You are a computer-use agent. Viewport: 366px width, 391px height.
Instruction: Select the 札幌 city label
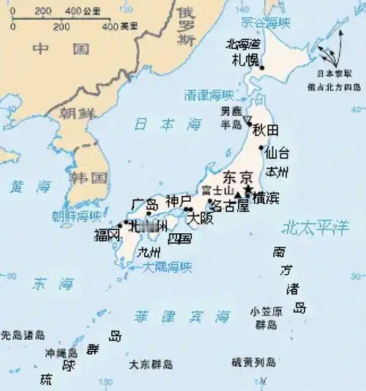coord(244,60)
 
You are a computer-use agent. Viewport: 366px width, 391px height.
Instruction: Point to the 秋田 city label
coord(266,130)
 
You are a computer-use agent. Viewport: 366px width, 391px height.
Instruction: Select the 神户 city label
coord(178,200)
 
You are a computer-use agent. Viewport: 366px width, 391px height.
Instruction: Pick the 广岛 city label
coord(143,203)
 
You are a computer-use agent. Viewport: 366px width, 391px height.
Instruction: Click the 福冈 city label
coord(107,235)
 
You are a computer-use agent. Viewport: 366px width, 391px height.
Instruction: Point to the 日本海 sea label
coord(167,124)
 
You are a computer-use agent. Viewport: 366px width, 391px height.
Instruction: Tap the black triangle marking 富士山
coord(237,193)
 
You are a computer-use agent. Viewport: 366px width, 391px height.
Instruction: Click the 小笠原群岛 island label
coord(266,317)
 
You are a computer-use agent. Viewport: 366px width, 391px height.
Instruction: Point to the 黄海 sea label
coord(28,186)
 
